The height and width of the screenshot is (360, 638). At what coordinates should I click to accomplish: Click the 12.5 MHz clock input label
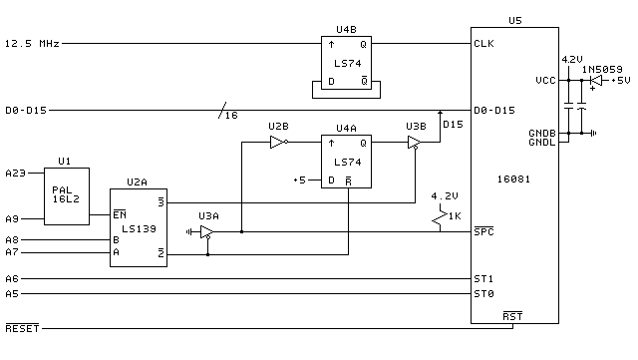click(x=31, y=44)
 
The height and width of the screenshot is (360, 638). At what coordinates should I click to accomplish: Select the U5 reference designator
click(x=514, y=20)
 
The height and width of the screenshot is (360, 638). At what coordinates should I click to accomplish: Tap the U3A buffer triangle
click(x=206, y=232)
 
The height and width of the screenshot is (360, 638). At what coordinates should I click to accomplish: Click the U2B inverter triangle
click(x=277, y=143)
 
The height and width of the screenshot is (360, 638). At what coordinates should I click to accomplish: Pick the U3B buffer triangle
click(x=414, y=143)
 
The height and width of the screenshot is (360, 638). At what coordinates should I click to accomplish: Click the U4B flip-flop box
click(x=346, y=62)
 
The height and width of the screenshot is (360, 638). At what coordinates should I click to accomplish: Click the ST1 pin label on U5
click(x=484, y=278)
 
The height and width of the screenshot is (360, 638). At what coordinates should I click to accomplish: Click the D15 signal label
click(x=453, y=124)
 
